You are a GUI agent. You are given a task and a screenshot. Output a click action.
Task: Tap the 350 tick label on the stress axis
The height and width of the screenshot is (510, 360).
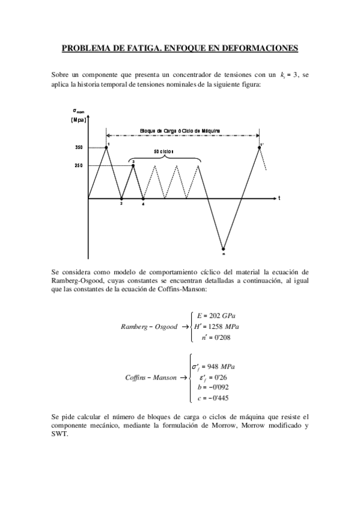click(79, 147)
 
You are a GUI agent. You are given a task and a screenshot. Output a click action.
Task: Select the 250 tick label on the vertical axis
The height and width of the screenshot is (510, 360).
click(79, 166)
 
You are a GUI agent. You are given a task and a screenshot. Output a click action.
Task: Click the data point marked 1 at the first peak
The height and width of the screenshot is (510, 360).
click(106, 146)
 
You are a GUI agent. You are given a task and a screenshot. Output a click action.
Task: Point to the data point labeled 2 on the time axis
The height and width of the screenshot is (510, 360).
click(121, 198)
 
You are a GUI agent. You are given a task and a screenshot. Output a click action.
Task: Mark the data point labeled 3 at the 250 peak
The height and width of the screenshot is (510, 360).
click(133, 165)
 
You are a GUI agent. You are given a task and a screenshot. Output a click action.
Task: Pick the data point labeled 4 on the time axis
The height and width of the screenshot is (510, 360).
click(143, 198)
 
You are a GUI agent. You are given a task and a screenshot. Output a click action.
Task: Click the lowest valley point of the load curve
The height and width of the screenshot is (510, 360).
click(223, 248)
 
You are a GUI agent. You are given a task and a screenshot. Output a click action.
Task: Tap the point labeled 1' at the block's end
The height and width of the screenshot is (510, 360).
click(260, 147)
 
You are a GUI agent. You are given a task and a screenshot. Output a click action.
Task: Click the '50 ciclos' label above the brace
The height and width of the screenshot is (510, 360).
click(163, 152)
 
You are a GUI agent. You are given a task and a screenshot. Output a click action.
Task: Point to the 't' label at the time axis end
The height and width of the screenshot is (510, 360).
click(279, 198)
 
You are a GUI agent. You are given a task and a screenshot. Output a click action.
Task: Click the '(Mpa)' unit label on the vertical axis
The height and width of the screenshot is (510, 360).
click(78, 120)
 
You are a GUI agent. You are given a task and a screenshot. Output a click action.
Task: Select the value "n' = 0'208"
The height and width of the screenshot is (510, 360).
click(216, 338)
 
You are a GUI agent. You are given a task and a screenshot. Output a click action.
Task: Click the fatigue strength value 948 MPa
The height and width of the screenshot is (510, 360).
click(219, 366)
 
